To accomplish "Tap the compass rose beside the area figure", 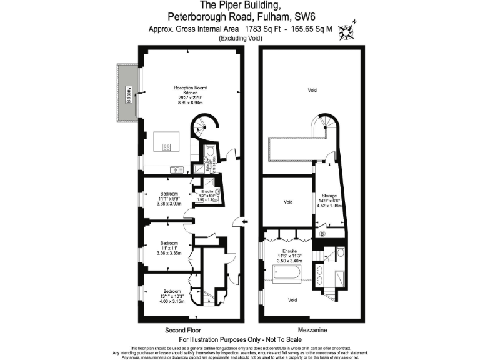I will point(345,29).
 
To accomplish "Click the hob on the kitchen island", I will point(167,148).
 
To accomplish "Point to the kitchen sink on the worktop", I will point(177,169).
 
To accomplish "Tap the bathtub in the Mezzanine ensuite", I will point(287,274).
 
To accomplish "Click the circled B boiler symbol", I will point(322,234).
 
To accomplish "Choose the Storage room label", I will point(329,196).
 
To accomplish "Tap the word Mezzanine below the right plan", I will point(311,329).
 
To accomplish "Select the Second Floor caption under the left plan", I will point(182,329).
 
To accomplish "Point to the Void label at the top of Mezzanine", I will point(312,91).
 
